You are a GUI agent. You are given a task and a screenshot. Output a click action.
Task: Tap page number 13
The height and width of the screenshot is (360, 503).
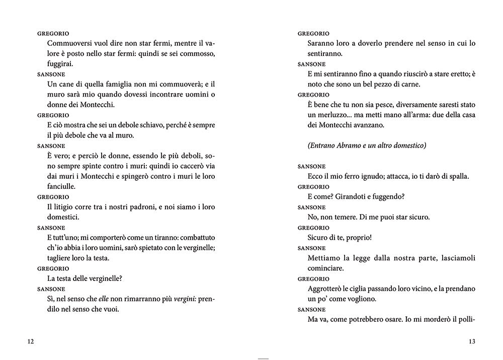point(472,342)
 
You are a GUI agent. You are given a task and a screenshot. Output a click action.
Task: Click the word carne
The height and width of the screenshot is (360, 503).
point(410,84)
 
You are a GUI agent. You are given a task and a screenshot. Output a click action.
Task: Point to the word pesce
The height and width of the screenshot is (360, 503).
point(380,104)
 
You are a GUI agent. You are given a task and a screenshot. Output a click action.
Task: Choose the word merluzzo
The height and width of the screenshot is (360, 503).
point(333,115)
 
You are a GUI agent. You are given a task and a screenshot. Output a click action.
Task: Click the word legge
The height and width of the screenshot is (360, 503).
point(370,258)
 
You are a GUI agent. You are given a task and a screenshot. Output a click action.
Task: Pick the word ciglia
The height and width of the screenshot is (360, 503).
point(360,289)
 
